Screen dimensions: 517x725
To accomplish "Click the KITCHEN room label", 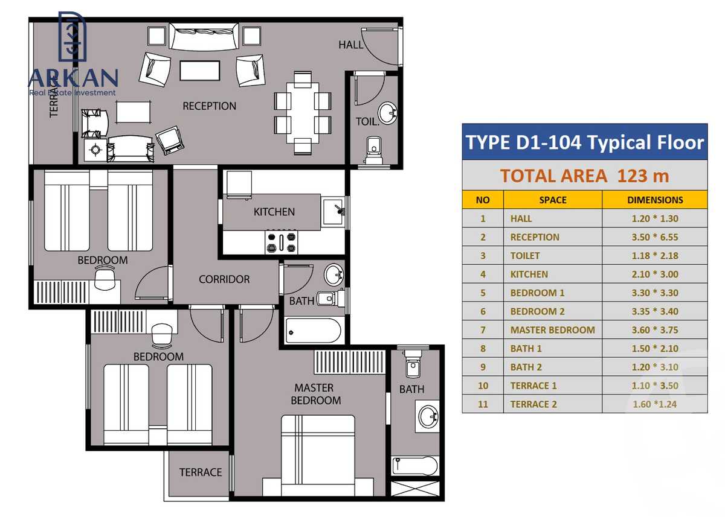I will (x=274, y=212).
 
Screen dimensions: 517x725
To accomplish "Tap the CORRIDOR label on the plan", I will (x=224, y=279).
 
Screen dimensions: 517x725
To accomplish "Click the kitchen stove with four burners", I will (x=281, y=242).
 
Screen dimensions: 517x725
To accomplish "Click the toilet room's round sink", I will (x=387, y=112).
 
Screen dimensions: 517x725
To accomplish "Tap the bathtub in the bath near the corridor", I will (x=314, y=331).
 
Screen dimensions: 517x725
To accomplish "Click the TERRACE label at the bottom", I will (x=201, y=472).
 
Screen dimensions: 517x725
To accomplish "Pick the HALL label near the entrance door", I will (x=350, y=45).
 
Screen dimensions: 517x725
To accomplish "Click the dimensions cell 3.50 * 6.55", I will (x=655, y=237).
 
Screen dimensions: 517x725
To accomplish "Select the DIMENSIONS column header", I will (x=655, y=200).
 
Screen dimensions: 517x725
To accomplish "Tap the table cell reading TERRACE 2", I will (x=533, y=404).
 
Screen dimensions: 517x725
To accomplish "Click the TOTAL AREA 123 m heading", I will (x=584, y=176).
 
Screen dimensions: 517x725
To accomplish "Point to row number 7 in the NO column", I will (x=483, y=330).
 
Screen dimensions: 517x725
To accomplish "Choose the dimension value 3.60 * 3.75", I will (x=655, y=330).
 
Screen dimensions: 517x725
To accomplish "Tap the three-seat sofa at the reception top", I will (x=203, y=37).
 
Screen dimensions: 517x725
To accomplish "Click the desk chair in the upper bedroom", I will (x=105, y=279).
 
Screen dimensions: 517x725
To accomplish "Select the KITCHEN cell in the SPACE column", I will (x=529, y=274).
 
